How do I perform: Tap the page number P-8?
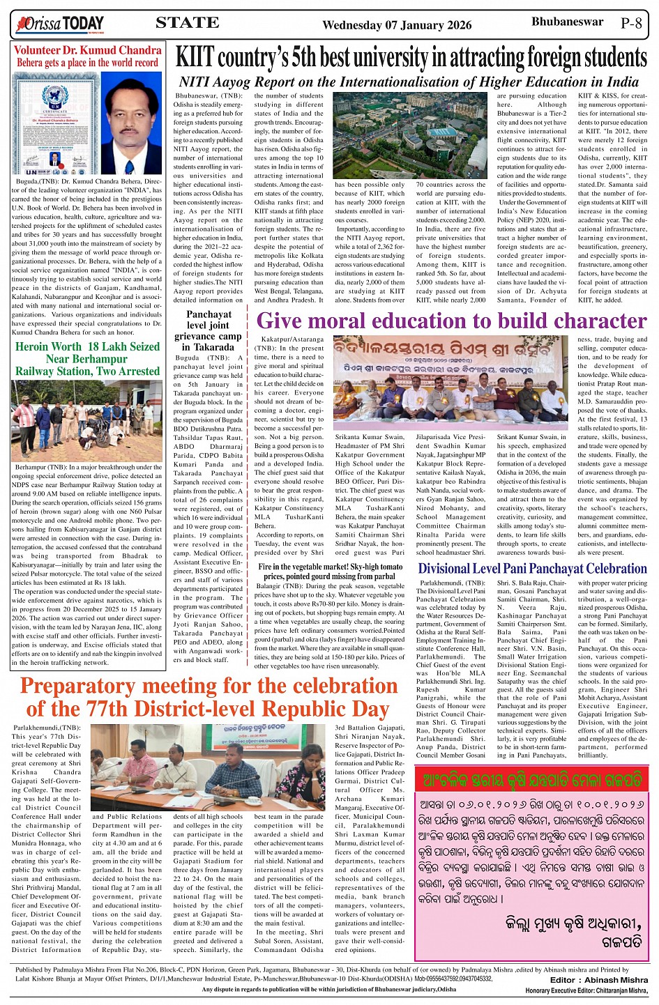tap(631, 22)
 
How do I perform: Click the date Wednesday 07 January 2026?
tap(397, 25)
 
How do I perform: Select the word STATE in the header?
tap(187, 23)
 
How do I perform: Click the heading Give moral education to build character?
tap(451, 321)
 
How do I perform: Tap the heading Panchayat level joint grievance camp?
tap(209, 331)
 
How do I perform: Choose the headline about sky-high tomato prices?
tap(330, 571)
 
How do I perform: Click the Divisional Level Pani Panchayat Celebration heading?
tap(532, 569)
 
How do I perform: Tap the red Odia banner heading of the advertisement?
tap(531, 779)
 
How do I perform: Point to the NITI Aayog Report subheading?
tap(409, 82)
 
